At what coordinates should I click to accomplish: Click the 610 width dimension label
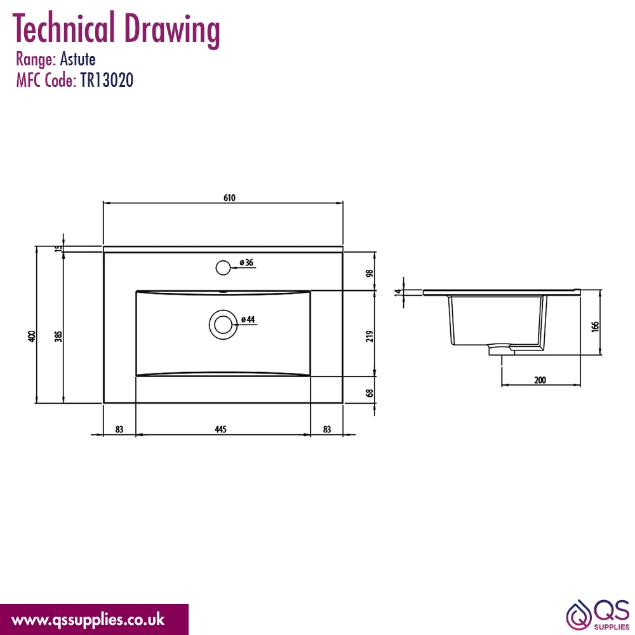229,197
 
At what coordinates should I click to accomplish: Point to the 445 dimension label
221,429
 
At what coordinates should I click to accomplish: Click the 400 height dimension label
32,336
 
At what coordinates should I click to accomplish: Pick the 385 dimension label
58,336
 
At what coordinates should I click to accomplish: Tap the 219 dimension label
370,336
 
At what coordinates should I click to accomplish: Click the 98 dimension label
370,273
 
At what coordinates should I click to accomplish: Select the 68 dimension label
370,393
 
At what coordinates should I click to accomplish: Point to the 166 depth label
594,326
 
